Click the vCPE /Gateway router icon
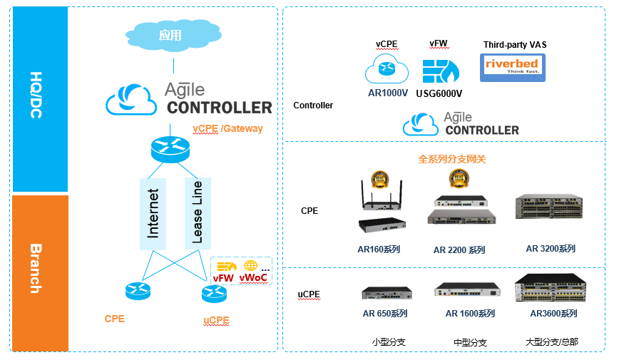tap(171, 149)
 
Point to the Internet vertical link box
tap(153, 212)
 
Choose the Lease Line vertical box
tap(198, 212)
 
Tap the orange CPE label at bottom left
tap(114, 319)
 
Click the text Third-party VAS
tap(514, 44)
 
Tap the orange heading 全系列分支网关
tap(451, 160)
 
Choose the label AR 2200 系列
tap(459, 250)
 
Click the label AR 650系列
tap(384, 314)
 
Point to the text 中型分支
tap(470, 343)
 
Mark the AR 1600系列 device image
tap(467, 290)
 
